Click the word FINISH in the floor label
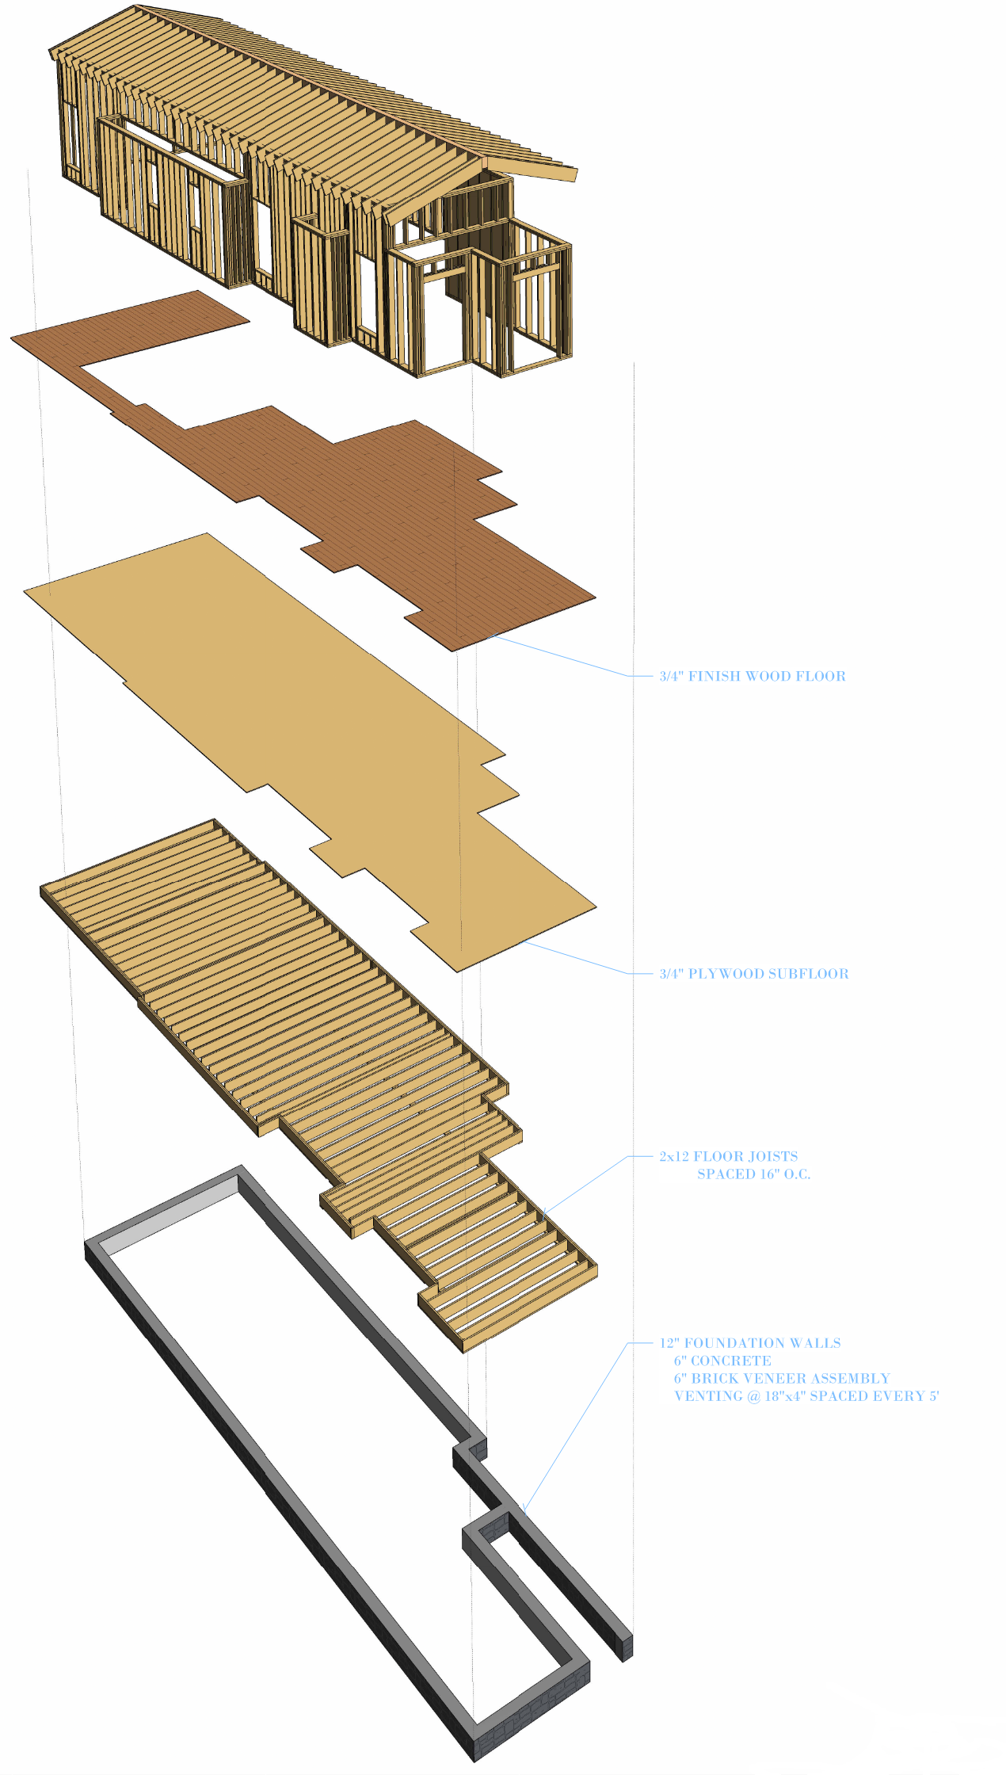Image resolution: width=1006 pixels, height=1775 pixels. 715,676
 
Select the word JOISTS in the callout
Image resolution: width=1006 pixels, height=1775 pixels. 773,1156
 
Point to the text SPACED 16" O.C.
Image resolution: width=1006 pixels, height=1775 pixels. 753,1174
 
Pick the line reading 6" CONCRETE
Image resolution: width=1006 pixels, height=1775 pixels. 722,1361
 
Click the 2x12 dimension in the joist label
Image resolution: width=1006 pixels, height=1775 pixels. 674,1156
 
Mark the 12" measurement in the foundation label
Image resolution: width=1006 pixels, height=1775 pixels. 669,1343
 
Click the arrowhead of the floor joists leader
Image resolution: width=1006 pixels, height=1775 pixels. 545,1212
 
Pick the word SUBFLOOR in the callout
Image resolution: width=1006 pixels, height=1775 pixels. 815,974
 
